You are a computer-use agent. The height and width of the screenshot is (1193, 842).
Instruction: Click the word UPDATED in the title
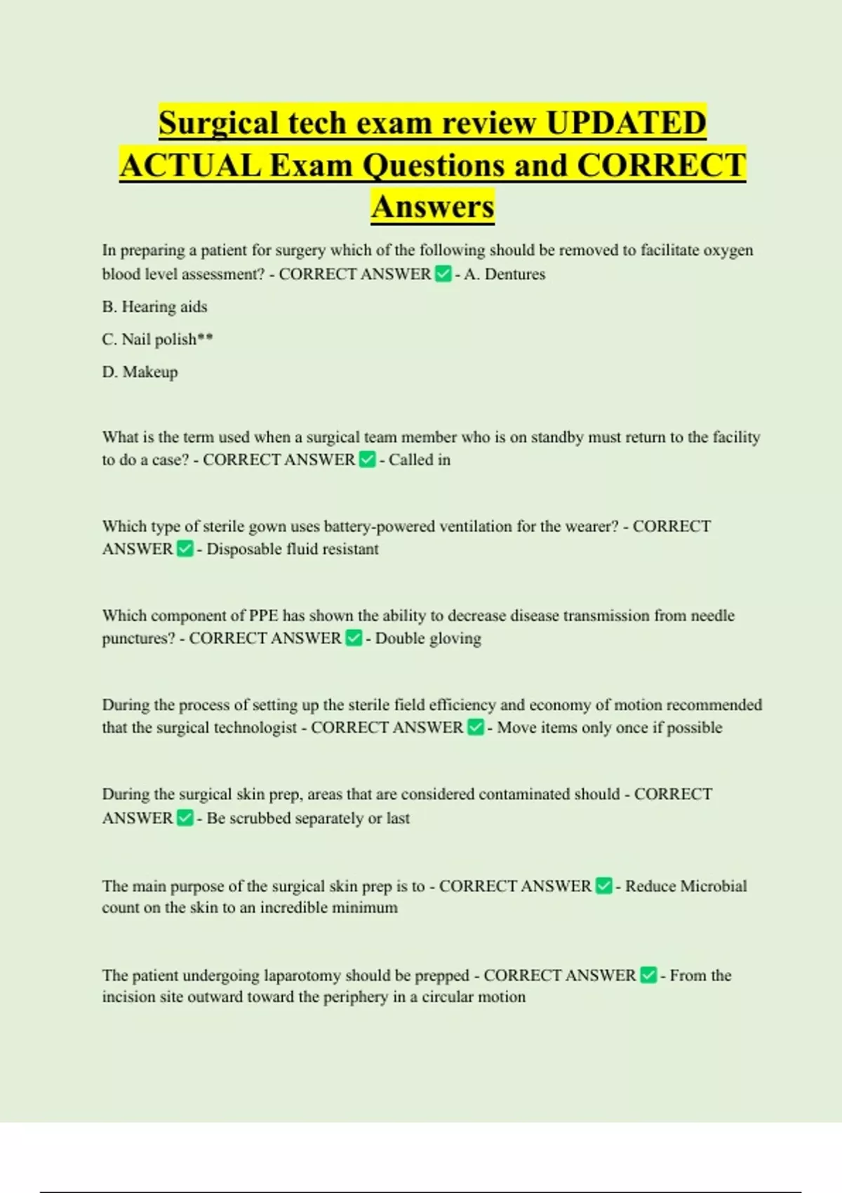[625, 124]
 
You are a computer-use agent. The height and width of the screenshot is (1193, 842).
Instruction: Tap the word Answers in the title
[432, 207]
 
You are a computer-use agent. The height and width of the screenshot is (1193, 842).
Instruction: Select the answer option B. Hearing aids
[154, 307]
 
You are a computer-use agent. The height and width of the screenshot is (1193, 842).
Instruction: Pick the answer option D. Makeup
[140, 372]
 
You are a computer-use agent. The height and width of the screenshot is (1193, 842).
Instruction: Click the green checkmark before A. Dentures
[443, 274]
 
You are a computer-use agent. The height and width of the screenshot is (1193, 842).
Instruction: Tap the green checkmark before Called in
[367, 460]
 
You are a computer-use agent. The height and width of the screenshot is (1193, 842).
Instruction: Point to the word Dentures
[514, 274]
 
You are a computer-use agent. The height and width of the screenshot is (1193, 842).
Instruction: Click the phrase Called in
[420, 460]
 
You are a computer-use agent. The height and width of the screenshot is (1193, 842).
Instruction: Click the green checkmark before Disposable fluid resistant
[185, 549]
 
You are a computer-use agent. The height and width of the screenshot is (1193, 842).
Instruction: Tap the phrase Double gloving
[428, 639]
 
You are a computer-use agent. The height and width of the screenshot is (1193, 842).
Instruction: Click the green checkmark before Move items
[475, 728]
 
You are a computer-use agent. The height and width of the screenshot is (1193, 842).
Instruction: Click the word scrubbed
[260, 818]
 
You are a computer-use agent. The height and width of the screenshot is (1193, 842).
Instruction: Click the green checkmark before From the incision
[649, 975]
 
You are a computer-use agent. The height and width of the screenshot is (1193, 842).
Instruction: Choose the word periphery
[355, 997]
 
